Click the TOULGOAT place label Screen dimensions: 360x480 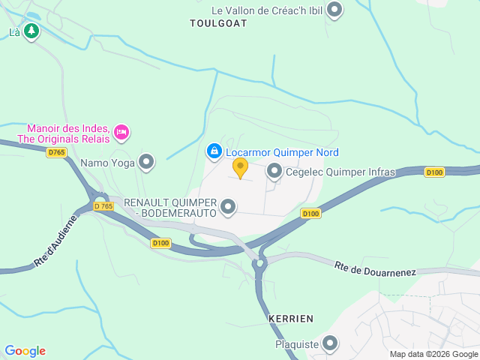(x=218, y=23)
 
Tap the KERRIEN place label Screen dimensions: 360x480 (x=290, y=319)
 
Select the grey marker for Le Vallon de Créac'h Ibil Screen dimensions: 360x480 (x=334, y=10)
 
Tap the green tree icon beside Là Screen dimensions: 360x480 (x=31, y=31)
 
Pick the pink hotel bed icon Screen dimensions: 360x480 (x=121, y=133)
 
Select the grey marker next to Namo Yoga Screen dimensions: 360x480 (x=146, y=161)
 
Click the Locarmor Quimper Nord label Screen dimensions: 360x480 (x=282, y=152)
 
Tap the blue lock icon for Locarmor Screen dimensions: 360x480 (x=214, y=151)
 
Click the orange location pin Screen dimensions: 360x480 (x=240, y=167)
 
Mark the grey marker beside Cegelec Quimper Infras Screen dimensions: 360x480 (x=274, y=172)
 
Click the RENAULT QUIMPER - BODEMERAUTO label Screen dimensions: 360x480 (x=170, y=208)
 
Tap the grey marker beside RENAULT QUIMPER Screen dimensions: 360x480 (x=229, y=206)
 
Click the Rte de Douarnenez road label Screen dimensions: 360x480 (x=375, y=268)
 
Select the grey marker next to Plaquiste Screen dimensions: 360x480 (x=330, y=344)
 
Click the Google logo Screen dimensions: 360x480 (x=25, y=351)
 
